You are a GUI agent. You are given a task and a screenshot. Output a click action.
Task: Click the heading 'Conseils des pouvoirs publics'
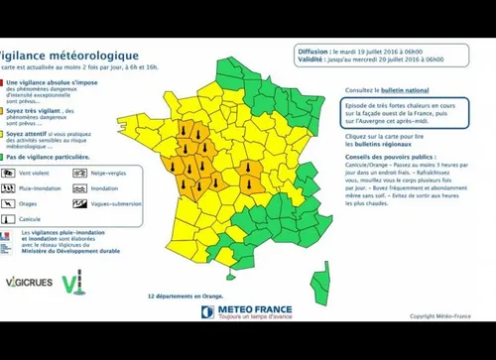coord(385,156)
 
